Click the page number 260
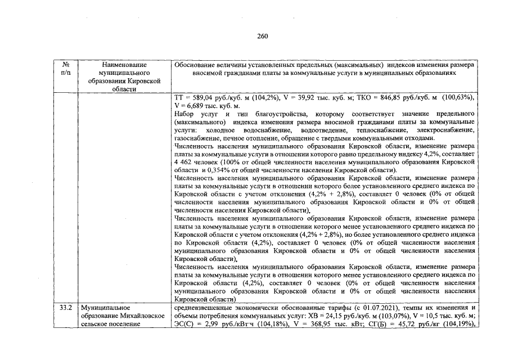pyautogui.click(x=263, y=36)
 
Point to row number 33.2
pyautogui.click(x=66, y=308)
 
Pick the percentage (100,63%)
pyautogui.click(x=455, y=97)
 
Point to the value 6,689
pyautogui.click(x=195, y=106)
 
